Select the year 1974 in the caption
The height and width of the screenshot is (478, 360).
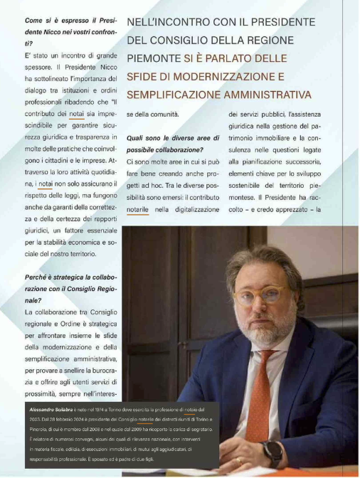click(x=101, y=411)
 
